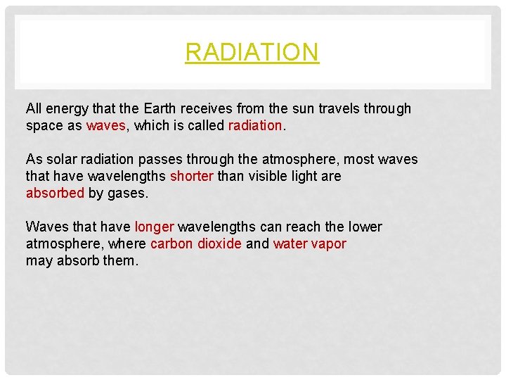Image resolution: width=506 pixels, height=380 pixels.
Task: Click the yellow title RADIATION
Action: click(x=252, y=52)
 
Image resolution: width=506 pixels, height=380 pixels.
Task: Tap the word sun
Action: click(x=305, y=109)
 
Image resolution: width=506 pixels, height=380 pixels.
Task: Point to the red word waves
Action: click(x=106, y=126)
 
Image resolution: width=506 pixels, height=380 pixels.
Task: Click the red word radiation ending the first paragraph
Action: click(x=254, y=126)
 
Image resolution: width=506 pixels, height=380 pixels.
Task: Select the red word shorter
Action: click(x=192, y=177)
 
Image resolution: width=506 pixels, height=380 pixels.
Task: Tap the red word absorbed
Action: click(x=55, y=194)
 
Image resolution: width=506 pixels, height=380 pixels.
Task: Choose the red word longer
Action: click(x=154, y=227)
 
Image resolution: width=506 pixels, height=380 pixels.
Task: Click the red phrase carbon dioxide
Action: click(x=196, y=244)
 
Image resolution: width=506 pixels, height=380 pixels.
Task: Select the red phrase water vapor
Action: click(x=309, y=244)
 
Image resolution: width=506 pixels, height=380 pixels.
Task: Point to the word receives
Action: click(x=207, y=109)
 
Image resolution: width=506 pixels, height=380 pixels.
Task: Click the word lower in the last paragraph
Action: click(x=364, y=227)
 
